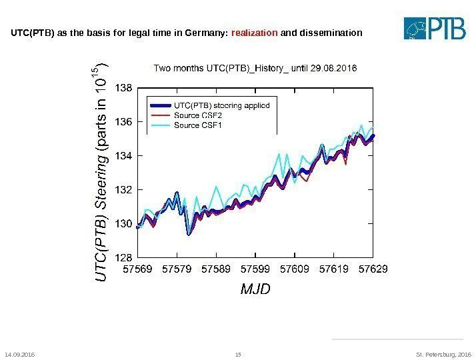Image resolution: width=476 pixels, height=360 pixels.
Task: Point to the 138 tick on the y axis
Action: click(125, 87)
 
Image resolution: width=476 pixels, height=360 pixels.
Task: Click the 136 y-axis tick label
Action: click(125, 121)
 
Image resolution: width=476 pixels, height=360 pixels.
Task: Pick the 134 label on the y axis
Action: click(125, 155)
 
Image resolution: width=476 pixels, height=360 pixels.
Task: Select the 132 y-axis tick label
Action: click(125, 189)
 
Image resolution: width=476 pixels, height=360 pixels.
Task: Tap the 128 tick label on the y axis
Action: click(125, 257)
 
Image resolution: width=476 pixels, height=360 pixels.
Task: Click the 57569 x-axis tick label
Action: click(138, 269)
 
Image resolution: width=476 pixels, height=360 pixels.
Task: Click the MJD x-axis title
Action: click(255, 290)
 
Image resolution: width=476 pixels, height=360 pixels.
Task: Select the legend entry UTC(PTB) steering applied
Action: click(221, 105)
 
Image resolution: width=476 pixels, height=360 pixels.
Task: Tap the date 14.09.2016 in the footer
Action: click(19, 354)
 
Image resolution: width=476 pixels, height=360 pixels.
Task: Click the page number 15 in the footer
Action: click(238, 354)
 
